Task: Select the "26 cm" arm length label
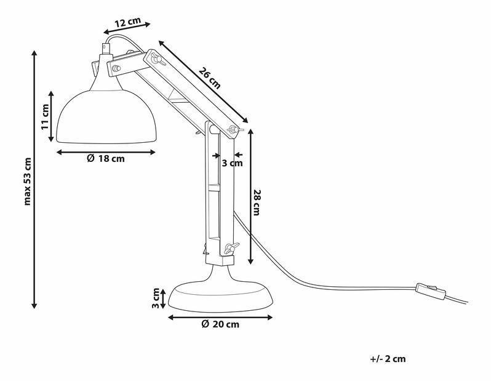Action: point(210,79)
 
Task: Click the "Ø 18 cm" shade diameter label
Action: point(106,159)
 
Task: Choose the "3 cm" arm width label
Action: point(232,163)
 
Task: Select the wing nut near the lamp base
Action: point(230,249)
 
